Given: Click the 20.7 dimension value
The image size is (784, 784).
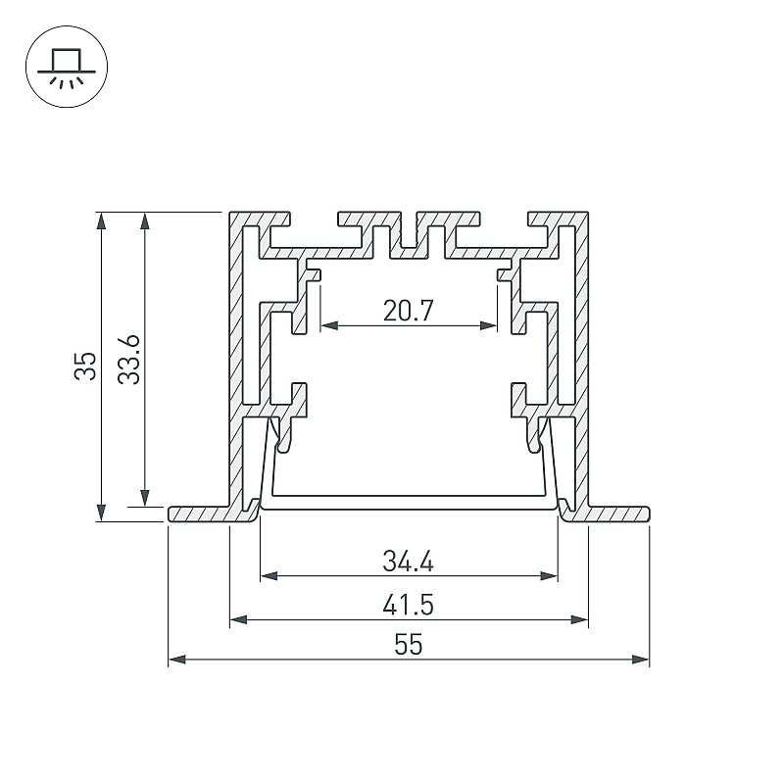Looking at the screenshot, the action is click(408, 311).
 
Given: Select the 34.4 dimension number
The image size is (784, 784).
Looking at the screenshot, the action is click(408, 561).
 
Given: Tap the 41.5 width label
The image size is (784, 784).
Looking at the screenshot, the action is click(408, 605).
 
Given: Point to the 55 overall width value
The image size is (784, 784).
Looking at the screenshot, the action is click(409, 645).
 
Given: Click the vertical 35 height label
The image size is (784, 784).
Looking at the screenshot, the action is click(85, 366).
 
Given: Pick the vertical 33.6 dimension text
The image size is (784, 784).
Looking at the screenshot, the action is click(128, 360).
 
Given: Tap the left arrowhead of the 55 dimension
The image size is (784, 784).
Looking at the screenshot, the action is click(177, 660).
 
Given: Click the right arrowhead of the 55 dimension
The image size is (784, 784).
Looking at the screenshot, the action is click(641, 660).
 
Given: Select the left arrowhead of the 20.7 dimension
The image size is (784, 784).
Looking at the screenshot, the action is click(329, 326).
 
